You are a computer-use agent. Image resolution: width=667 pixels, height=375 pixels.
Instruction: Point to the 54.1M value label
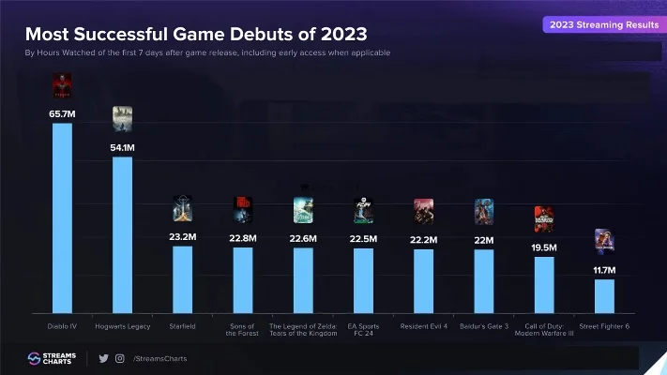coord(122,147)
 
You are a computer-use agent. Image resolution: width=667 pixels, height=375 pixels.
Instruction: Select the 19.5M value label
coord(544,247)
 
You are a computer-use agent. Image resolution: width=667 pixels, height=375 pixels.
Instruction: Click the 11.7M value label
coord(604,270)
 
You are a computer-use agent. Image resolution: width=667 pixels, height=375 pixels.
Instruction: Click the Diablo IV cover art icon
coord(62,87)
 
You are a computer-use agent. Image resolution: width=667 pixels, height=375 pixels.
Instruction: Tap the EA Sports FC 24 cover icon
coord(363,210)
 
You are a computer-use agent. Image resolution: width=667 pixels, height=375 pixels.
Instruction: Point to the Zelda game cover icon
coord(303,210)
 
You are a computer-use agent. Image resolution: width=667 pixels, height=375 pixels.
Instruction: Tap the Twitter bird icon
coord(104,358)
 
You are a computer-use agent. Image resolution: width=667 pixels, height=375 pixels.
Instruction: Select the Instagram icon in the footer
coord(119,358)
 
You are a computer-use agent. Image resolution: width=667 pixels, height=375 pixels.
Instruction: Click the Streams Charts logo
coord(52,358)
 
